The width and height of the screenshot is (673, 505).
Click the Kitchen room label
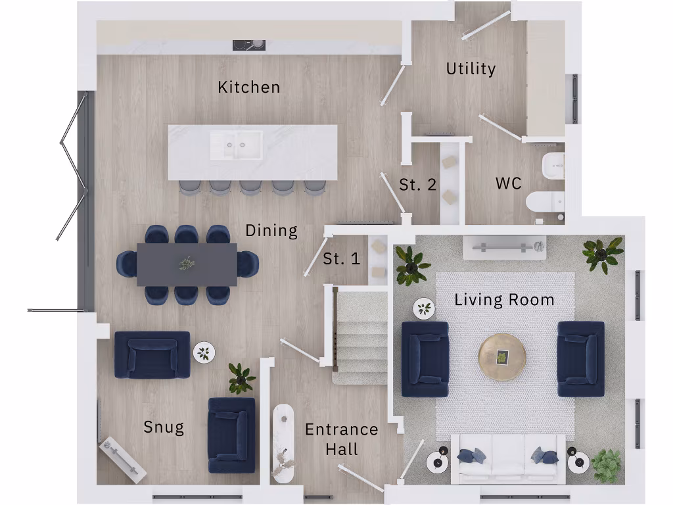coord(248,87)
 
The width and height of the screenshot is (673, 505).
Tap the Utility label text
coord(471,68)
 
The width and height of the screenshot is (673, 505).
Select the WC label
coord(509,183)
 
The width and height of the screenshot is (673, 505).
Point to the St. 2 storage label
coord(417,185)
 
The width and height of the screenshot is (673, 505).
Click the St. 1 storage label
coord(341,259)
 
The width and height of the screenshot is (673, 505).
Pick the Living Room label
coord(504,301)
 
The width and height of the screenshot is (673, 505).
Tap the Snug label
coord(164,427)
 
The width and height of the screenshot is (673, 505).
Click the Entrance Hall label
coord(342,439)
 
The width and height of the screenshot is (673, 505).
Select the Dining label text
coord(271,231)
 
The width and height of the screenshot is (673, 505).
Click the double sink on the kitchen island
coord(236,145)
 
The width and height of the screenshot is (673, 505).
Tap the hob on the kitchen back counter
coord(249,45)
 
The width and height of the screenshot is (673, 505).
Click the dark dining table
coord(187,264)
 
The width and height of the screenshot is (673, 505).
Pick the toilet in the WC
coord(545,201)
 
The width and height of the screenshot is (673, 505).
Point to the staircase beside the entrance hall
coord(359,335)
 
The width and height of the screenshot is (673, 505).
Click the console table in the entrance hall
coord(283,443)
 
